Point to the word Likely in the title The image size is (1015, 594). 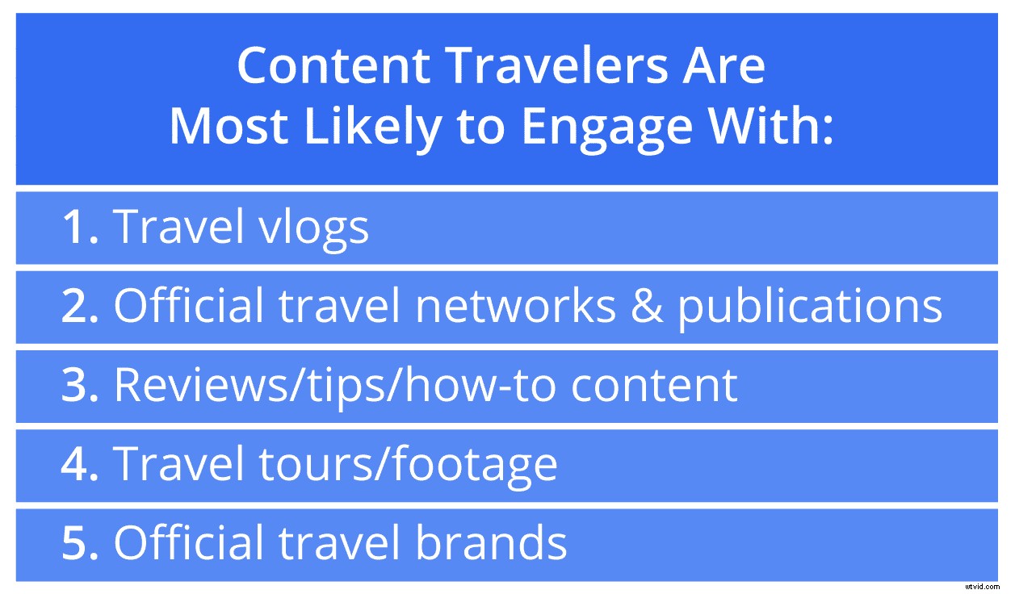pos(376,128)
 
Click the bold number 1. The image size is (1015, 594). pos(80,227)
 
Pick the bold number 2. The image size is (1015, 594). pos(80,306)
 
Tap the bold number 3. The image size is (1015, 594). pos(80,385)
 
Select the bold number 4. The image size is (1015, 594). pos(80,464)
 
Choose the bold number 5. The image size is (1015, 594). pos(80,543)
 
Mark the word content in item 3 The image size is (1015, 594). pos(654,385)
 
